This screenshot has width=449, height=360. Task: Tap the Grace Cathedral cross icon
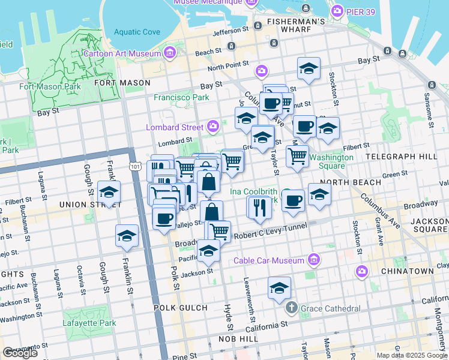pyautogui.click(x=292, y=308)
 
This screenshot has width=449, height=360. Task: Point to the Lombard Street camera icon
pyautogui.click(x=212, y=127)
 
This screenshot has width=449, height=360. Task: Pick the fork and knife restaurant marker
pyautogui.click(x=259, y=208)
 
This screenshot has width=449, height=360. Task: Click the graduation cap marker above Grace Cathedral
pyautogui.click(x=279, y=289)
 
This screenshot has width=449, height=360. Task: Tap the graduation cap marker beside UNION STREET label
pyautogui.click(x=109, y=193)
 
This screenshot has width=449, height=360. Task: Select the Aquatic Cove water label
pyautogui.click(x=137, y=32)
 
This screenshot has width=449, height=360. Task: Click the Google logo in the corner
pyautogui.click(x=20, y=353)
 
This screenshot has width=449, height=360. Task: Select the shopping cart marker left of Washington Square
pyautogui.click(x=298, y=156)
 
